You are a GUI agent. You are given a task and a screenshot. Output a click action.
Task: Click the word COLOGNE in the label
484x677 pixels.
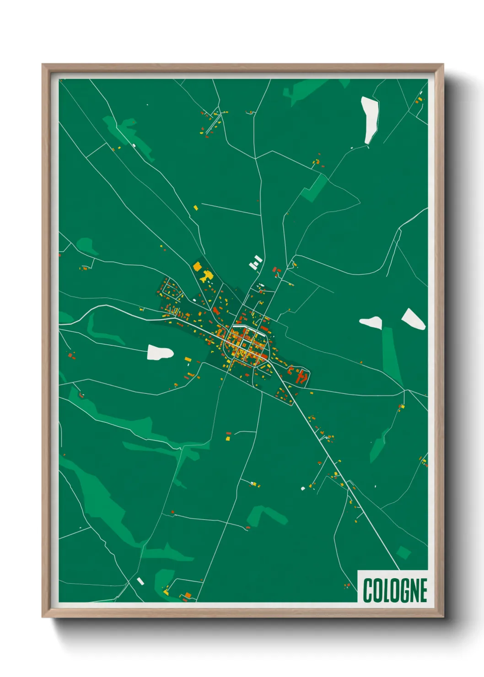[395, 590]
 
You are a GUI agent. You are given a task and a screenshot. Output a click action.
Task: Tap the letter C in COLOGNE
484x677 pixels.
[368, 590]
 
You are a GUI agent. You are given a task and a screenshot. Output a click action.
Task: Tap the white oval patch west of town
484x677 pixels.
[160, 353]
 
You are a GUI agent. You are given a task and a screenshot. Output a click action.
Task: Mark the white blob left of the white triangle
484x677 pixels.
[371, 322]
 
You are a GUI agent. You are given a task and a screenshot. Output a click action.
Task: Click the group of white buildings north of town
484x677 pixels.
[255, 263]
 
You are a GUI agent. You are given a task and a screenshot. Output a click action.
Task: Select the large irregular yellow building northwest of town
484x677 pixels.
[207, 276]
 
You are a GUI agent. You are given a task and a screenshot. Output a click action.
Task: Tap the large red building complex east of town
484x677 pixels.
[301, 377]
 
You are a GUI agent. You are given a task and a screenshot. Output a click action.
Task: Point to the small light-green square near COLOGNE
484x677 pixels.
[403, 552]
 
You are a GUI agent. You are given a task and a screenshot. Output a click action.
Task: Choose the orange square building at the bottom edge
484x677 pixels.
[188, 595]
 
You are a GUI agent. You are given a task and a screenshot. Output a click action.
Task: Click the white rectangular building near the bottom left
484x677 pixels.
[140, 581]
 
